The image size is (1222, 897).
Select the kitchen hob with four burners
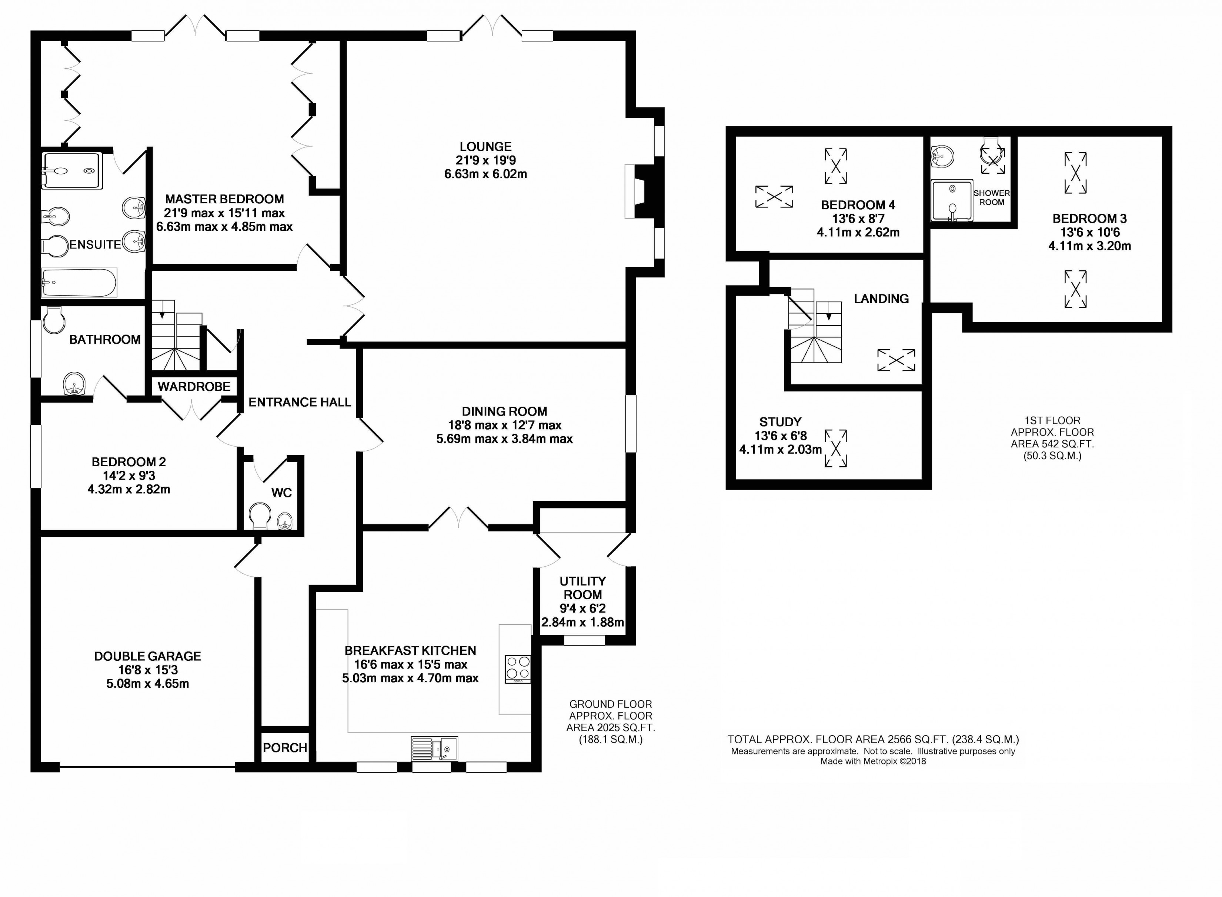pyautogui.click(x=517, y=669)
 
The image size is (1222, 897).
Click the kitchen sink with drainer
pyautogui.click(x=434, y=748)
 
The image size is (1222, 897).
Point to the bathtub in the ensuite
pyautogui.click(x=79, y=282)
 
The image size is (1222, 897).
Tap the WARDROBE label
pyautogui.click(x=194, y=387)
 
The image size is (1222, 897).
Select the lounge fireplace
pyautogui.click(x=641, y=192)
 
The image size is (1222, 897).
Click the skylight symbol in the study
pyautogui.click(x=835, y=448)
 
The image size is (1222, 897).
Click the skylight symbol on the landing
pyautogui.click(x=896, y=360)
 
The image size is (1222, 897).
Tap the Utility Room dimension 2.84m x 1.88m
pyautogui.click(x=582, y=622)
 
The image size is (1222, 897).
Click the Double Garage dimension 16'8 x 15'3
pyautogui.click(x=148, y=670)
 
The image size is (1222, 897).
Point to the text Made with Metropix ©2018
pyautogui.click(x=873, y=761)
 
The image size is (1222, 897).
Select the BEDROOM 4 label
pyautogui.click(x=858, y=205)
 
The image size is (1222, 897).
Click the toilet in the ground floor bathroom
pyautogui.click(x=53, y=320)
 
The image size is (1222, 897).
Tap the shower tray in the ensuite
pyautogui.click(x=72, y=170)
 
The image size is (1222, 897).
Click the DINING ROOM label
pyautogui.click(x=504, y=411)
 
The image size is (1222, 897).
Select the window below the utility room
pyautogui.click(x=584, y=641)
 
